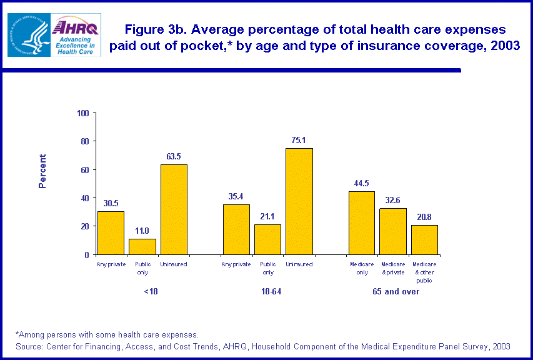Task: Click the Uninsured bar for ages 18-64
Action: click(299, 201)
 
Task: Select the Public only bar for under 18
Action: click(142, 247)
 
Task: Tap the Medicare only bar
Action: click(362, 222)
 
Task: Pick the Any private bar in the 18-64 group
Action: click(236, 229)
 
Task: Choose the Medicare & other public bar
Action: click(424, 239)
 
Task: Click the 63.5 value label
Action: click(174, 156)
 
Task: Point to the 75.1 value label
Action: click(299, 140)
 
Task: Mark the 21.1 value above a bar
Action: click(268, 216)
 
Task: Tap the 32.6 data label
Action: click(393, 200)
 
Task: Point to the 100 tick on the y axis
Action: click(82, 113)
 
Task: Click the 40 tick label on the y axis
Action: click(84, 198)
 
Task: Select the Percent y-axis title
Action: click(42, 171)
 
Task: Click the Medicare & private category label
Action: click(393, 268)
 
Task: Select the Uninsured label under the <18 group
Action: click(174, 264)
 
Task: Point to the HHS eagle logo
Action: click(27, 36)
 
